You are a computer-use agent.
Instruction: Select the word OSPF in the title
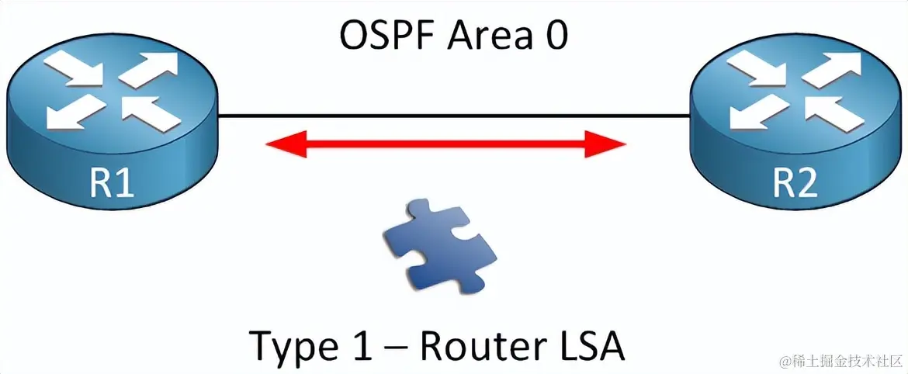pyautogui.click(x=386, y=36)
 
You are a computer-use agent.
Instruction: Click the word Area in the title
pyautogui.click(x=484, y=36)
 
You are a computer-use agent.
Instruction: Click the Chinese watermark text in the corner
pyautogui.click(x=841, y=361)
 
